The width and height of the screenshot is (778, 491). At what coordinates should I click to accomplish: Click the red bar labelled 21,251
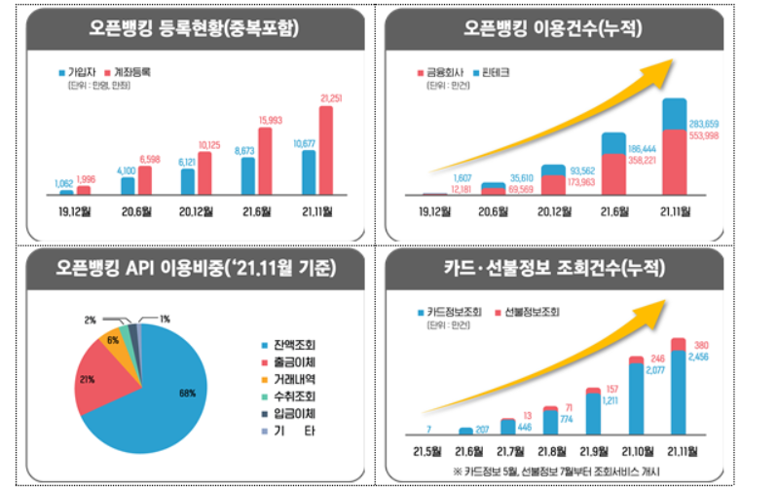[325, 151]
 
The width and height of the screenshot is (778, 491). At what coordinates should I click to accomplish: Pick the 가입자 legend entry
[78, 73]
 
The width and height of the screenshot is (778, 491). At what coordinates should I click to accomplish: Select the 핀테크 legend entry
[494, 73]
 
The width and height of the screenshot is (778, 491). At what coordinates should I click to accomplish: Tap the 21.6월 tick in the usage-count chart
[615, 209]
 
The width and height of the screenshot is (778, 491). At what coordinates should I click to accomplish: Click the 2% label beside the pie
[91, 320]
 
